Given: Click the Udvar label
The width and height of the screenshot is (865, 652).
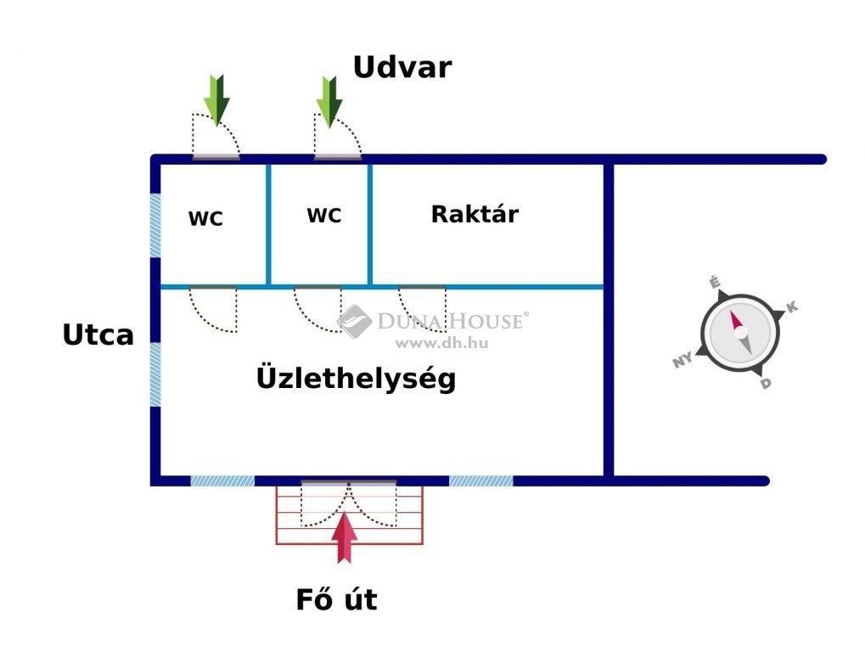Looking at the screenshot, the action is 402,67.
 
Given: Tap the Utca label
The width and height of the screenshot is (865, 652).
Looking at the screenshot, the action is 98,334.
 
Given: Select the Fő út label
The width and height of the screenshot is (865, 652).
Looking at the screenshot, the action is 336,599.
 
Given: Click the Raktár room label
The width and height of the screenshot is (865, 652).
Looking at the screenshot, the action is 475,214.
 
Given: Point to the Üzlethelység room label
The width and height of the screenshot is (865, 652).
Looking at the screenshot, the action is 357,378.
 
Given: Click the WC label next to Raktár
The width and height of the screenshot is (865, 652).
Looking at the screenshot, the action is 324,215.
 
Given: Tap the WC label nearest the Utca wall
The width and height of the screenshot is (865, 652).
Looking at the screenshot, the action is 205,218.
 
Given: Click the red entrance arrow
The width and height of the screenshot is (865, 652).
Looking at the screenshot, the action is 345,537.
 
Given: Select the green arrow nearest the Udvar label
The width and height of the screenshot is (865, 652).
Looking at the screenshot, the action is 329,102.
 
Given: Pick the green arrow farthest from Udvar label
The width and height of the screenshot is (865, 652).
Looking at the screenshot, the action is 216,100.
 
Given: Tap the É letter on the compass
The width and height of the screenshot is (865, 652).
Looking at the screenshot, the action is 715,283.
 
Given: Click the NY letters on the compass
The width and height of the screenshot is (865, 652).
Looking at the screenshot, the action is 683,360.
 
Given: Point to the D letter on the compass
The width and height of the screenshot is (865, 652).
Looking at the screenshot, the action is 765,383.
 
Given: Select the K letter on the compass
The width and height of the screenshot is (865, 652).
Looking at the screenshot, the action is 792,307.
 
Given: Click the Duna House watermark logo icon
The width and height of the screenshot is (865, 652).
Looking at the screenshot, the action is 354,321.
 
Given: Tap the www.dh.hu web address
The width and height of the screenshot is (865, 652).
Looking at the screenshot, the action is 442,343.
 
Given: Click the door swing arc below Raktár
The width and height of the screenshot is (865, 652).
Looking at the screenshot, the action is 422,309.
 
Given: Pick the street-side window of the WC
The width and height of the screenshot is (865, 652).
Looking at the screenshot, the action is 155,225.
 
